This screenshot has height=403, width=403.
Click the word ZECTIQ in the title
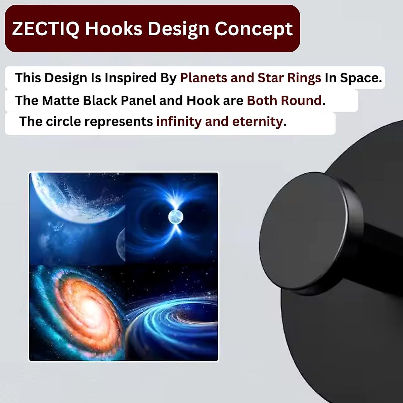(46, 29)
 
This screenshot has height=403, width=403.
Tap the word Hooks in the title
(114, 29)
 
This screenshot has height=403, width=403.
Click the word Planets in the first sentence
(204, 78)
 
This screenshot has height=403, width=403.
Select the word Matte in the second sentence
(61, 101)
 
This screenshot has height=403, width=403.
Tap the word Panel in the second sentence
(138, 101)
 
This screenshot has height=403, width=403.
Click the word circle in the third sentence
(63, 121)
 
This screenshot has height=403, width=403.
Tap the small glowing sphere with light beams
(176, 217)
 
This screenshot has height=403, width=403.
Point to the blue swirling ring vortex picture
(172, 318)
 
